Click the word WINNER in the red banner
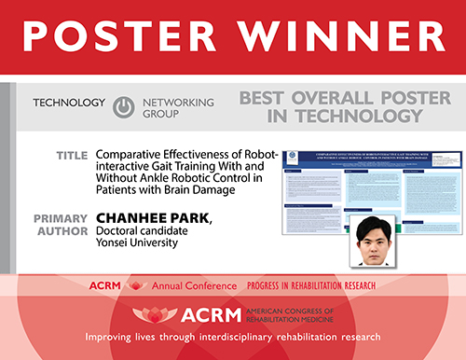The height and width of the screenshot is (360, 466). (331, 36)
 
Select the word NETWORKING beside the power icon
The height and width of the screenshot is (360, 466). (176, 102)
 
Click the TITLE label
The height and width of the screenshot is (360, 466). (71, 155)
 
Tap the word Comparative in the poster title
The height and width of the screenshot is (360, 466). (134, 154)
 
